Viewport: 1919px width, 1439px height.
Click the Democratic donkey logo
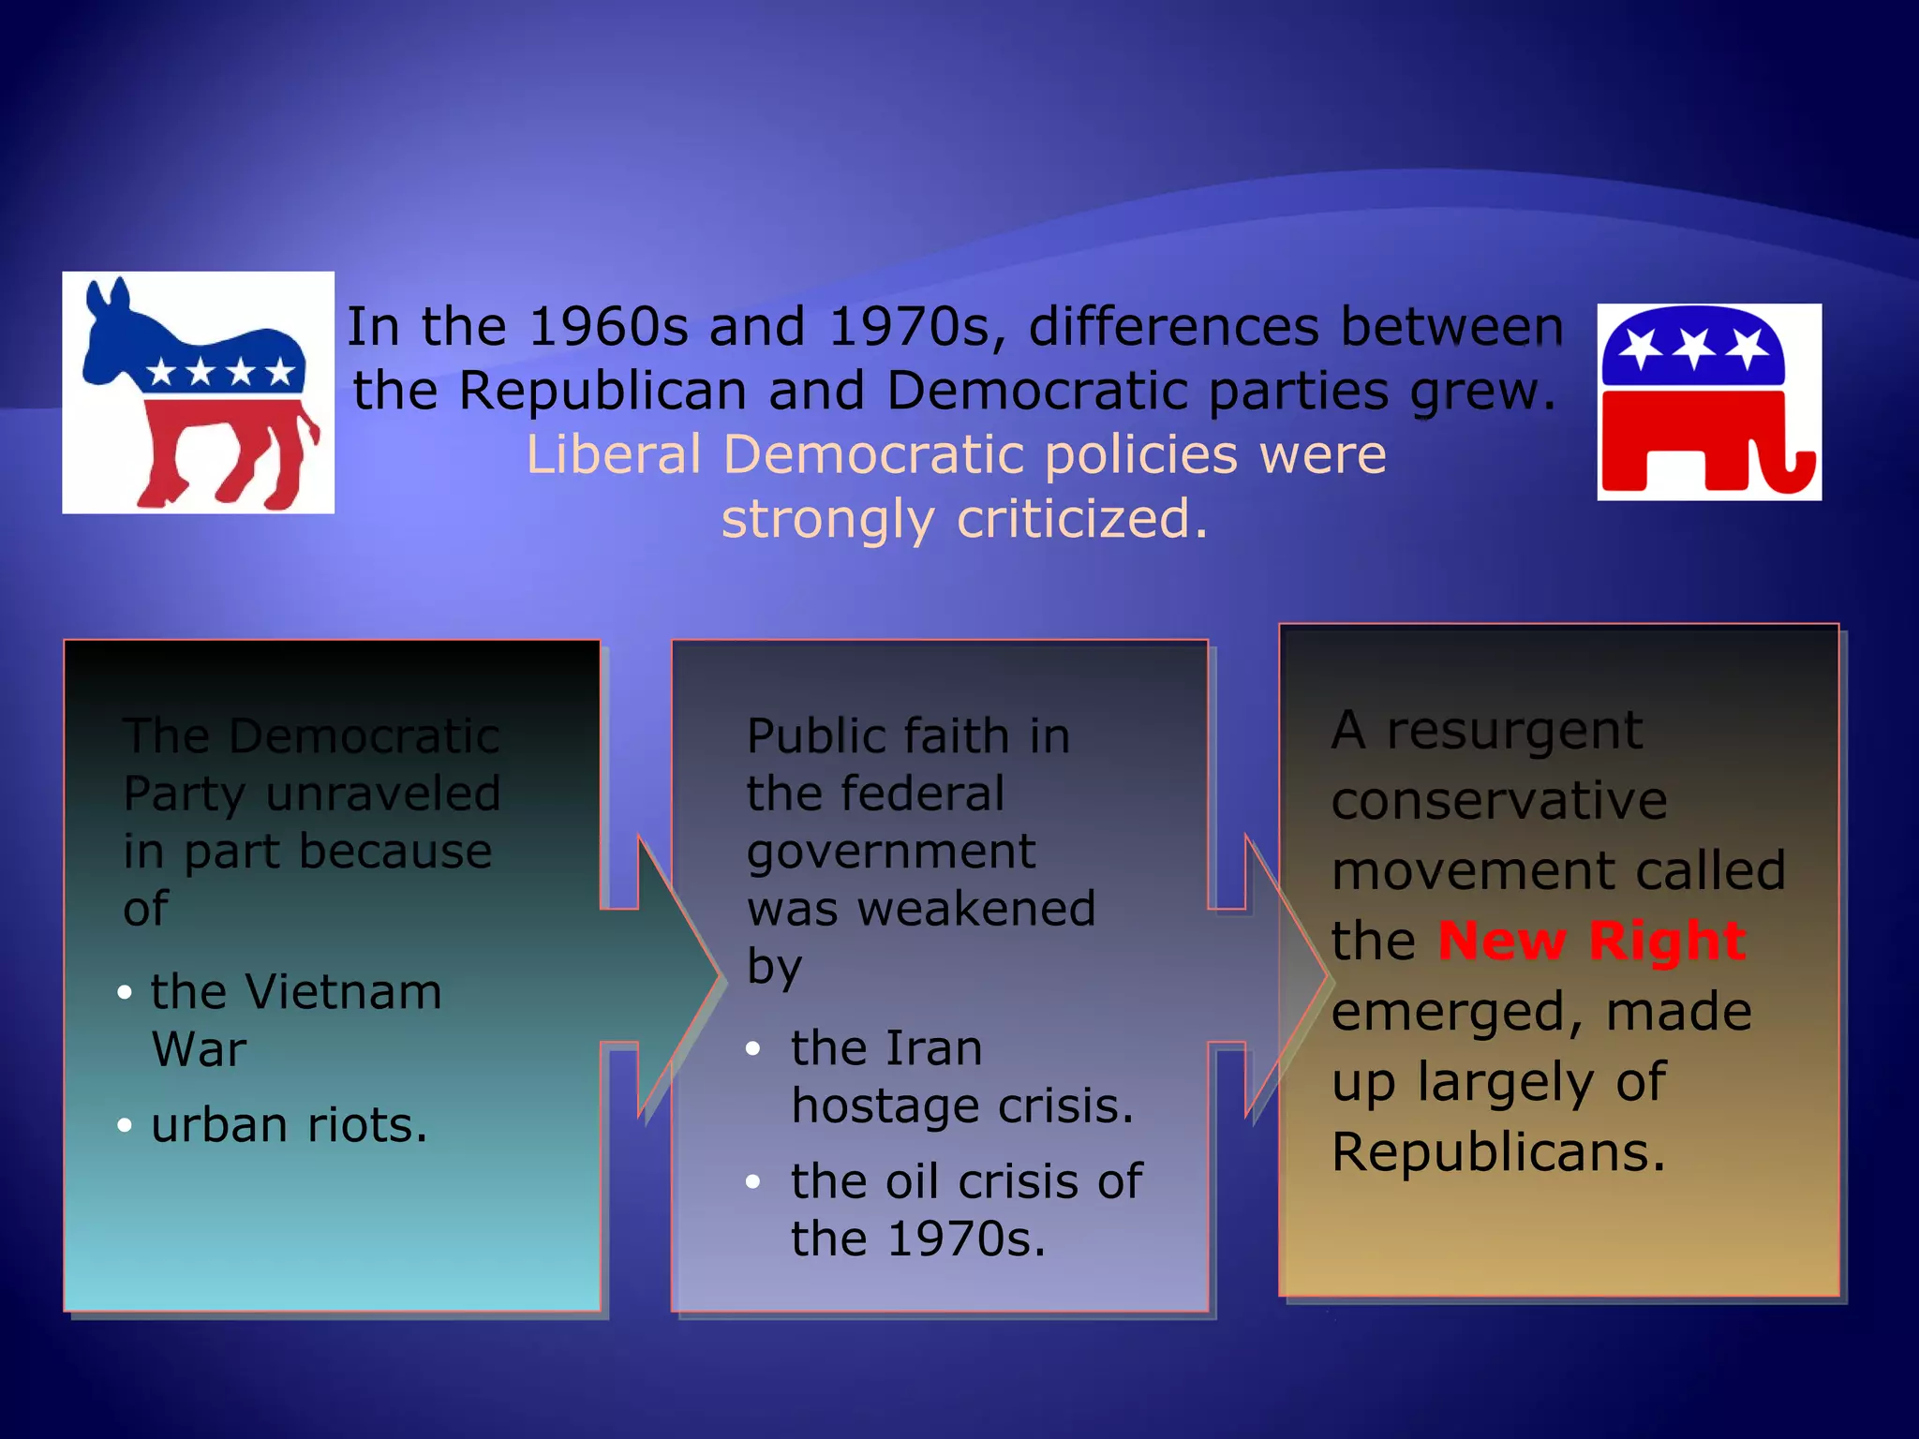(x=198, y=393)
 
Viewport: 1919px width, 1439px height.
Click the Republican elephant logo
(x=1708, y=402)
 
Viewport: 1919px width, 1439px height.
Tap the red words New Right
(x=1591, y=941)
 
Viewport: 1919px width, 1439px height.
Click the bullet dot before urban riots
(x=125, y=1125)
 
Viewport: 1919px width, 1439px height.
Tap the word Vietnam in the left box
(x=342, y=991)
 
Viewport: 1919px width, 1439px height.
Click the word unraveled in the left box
(x=382, y=794)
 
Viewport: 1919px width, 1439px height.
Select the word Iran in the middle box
(x=933, y=1047)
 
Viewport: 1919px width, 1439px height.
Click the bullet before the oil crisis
(x=752, y=1181)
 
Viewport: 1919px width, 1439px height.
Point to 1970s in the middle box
(x=965, y=1239)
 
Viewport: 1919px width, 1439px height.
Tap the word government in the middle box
(x=890, y=852)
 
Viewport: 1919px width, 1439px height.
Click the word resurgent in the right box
(x=1513, y=730)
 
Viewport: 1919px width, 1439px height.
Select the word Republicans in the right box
(x=1497, y=1151)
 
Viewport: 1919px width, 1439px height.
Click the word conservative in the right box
(x=1498, y=800)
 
